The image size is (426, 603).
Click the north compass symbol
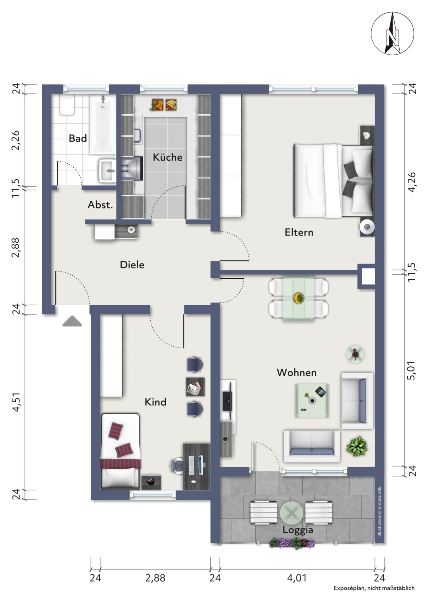point(392,34)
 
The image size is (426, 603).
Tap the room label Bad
point(78,138)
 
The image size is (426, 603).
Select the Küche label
point(168,157)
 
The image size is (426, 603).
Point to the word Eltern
point(299,232)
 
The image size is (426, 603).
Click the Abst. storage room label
point(100,205)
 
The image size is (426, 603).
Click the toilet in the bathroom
point(67,105)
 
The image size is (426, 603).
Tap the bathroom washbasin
point(107,171)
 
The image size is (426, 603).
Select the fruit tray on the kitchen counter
point(164,105)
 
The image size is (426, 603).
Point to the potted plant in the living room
point(357,446)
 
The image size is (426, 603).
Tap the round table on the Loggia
point(292,513)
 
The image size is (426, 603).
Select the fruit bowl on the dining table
point(298,298)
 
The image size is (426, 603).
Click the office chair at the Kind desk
point(177,465)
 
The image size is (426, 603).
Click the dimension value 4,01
point(297,578)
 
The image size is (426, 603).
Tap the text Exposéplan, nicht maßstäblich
point(374,588)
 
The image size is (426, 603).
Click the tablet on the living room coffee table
point(321,392)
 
